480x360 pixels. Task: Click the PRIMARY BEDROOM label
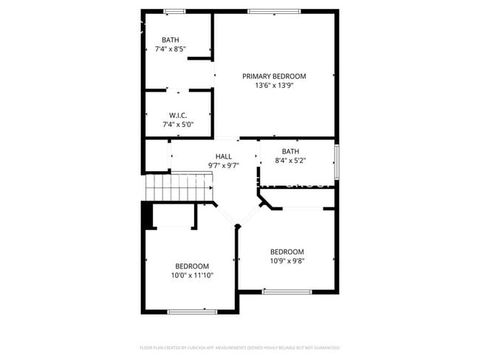274,76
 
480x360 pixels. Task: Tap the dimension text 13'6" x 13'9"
274,86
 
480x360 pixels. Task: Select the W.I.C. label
177,115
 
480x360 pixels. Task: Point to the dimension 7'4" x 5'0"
177,125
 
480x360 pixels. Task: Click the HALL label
223,156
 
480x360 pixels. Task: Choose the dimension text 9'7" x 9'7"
223,166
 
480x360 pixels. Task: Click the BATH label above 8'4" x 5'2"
290,151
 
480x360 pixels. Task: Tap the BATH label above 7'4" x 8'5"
171,40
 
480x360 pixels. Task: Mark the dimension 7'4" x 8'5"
171,49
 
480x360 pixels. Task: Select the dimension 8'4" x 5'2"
290,161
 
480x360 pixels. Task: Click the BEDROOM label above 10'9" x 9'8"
287,251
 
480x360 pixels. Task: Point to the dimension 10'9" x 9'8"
287,260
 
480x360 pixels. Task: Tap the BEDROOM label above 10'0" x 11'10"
191,266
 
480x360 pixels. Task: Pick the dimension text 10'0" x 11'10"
191,276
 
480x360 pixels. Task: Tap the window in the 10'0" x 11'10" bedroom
192,312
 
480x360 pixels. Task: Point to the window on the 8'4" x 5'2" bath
337,162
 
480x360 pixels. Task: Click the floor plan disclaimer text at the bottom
239,347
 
